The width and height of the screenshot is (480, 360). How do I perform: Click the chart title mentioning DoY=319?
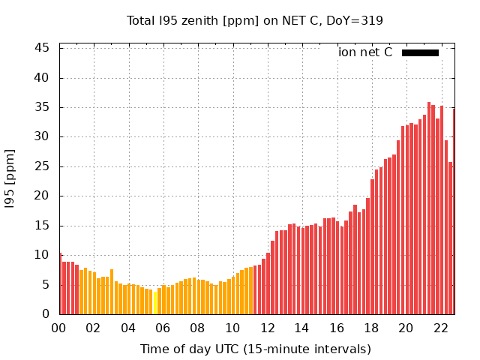pos(255,20)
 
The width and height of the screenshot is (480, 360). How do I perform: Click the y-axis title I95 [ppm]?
pos(10,181)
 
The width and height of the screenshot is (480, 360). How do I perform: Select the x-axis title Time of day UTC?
pos(255,349)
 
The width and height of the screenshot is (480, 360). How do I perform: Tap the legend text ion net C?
pos(365,52)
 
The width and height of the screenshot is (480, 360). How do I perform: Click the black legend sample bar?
pos(420,52)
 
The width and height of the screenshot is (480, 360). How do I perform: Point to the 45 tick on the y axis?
pos(43,48)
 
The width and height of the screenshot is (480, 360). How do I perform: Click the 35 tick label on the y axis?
pos(43,107)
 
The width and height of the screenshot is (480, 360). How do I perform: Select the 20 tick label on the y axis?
pos(43,196)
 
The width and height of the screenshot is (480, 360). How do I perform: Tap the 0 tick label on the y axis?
pos(46,314)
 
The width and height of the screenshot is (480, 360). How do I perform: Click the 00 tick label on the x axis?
pos(59,328)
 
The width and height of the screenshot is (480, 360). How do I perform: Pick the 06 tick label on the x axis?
pos(163,328)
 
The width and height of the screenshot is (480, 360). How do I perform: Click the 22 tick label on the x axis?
pos(440,328)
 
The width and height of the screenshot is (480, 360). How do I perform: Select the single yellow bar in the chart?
pos(155,302)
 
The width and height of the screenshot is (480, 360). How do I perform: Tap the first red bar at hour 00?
pos(61,284)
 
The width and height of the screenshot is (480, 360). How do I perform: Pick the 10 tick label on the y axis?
pos(43,255)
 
